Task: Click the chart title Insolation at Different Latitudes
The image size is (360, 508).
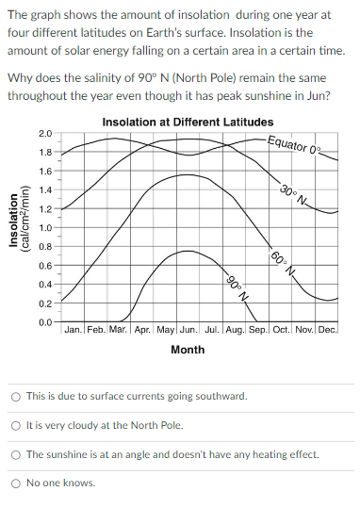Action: pyautogui.click(x=188, y=122)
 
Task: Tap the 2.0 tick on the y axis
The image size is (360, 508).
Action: pyautogui.click(x=45, y=135)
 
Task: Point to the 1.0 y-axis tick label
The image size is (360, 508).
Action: pyautogui.click(x=45, y=228)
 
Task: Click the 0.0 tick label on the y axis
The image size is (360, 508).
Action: pyautogui.click(x=45, y=322)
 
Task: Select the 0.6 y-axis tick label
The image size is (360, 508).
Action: pyautogui.click(x=45, y=266)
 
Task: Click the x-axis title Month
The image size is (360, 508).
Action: pyautogui.click(x=188, y=351)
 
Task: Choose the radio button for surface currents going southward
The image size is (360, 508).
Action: pyautogui.click(x=16, y=397)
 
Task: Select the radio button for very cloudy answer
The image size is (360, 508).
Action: pyautogui.click(x=16, y=425)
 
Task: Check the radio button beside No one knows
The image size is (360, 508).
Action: pyautogui.click(x=16, y=483)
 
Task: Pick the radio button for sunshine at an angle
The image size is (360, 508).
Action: pyautogui.click(x=16, y=454)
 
